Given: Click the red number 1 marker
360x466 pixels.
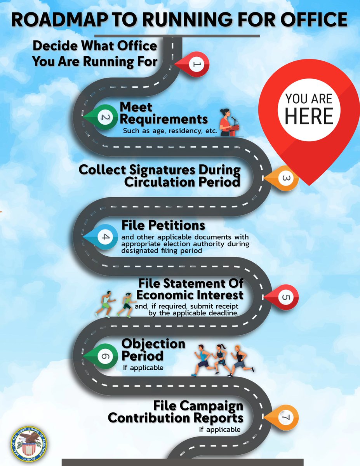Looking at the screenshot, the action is (193, 64).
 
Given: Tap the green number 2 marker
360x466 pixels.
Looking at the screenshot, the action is (102, 117).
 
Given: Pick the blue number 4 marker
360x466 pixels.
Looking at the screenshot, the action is (102, 237).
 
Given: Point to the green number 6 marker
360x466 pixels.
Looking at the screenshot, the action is (102, 356).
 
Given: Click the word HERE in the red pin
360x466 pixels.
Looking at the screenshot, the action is (309, 116).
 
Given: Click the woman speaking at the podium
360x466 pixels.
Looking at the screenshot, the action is (229, 122).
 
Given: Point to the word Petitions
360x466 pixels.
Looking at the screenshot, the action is (176, 225).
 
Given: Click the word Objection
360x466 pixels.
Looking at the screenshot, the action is (153, 344).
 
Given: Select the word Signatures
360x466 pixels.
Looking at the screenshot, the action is (162, 170).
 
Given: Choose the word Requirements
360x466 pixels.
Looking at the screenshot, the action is (164, 119).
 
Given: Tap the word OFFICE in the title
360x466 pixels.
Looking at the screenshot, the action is (314, 19).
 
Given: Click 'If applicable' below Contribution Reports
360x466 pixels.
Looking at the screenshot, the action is (220, 429).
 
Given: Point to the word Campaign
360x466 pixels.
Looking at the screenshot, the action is (198, 406).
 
